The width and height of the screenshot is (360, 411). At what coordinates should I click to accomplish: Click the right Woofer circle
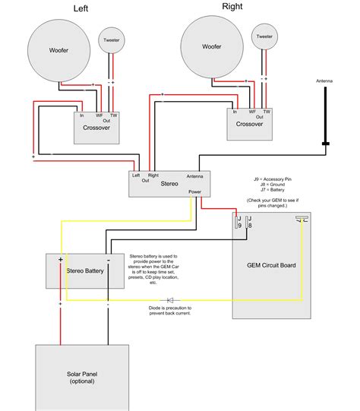(213, 47)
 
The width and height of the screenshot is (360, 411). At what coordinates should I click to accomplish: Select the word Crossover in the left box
(96, 128)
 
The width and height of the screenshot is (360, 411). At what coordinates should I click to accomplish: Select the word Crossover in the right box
(249, 124)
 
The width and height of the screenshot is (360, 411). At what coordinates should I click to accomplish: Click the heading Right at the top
(232, 7)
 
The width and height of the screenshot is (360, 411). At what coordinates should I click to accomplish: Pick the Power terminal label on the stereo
(195, 193)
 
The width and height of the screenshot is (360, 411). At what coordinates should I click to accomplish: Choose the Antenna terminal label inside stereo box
(194, 175)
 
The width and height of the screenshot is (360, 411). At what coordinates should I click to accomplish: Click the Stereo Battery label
(84, 270)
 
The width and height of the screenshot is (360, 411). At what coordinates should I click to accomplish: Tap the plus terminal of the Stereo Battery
(60, 261)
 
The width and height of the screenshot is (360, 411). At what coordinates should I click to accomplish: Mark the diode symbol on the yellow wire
(169, 301)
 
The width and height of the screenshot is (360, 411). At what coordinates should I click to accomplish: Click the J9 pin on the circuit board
(239, 223)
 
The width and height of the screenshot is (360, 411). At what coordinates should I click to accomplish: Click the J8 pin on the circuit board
(250, 223)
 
